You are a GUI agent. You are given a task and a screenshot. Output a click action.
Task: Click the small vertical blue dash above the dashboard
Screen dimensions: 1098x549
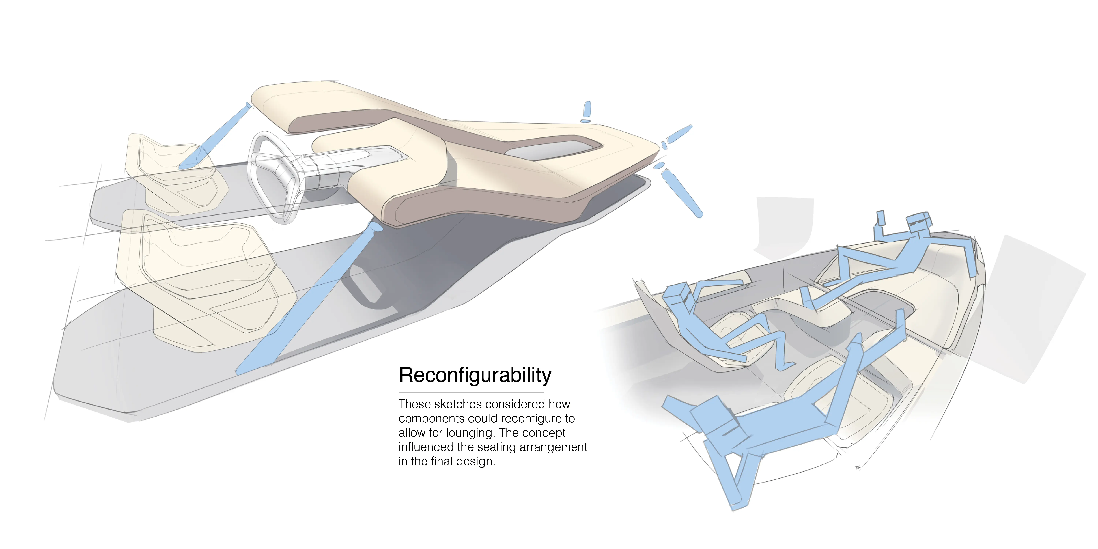tap(587, 110)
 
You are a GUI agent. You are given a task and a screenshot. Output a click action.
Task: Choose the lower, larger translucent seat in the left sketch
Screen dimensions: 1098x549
tap(200, 277)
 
